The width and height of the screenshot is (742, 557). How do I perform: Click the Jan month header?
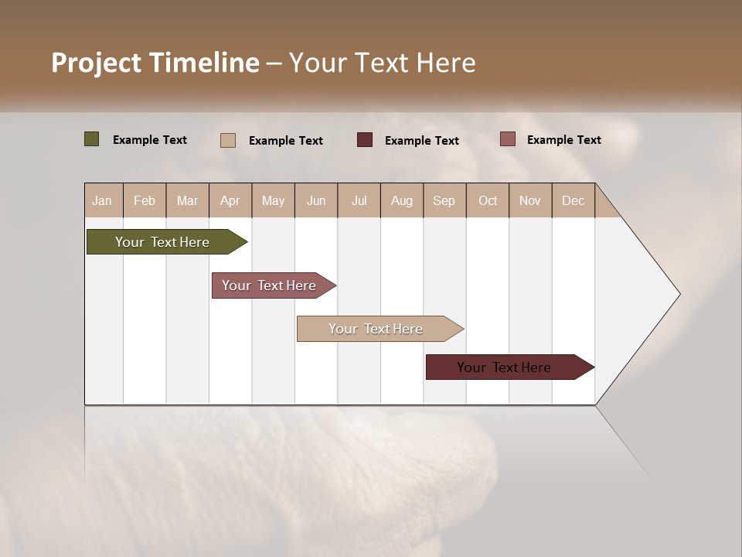pos(103,200)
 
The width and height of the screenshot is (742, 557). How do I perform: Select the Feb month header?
pos(145,200)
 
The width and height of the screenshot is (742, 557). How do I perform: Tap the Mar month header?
pos(187,200)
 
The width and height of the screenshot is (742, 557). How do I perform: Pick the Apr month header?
pos(230,200)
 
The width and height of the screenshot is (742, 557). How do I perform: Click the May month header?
pos(273,200)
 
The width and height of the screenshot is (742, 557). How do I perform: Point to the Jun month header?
pos(316,200)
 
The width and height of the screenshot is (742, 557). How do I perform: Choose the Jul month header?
pos(359,200)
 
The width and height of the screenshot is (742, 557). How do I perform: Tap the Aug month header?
pos(401,200)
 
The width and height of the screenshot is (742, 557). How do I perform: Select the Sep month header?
pos(444,200)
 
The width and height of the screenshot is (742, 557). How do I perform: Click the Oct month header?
pos(488,200)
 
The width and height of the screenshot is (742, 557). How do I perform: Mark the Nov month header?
pos(529,200)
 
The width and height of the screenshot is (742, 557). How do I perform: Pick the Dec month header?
pos(573,200)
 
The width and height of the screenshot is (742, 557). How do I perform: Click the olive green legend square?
pos(92,139)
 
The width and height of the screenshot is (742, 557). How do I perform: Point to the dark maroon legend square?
pos(365,139)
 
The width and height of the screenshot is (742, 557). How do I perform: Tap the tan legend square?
pos(228,140)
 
